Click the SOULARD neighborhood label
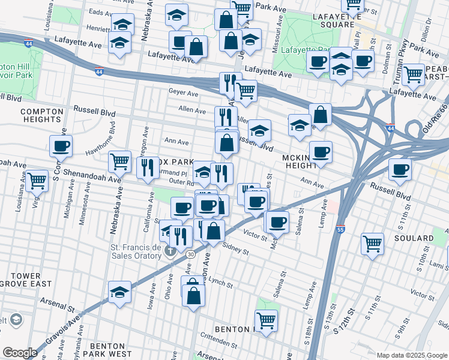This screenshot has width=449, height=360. pos(415,238)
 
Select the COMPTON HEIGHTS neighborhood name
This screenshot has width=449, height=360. pos(41,116)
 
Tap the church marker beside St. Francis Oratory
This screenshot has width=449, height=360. pos(171,248)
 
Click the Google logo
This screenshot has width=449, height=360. pos(20,353)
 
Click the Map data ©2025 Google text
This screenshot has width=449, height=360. pos(412,355)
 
